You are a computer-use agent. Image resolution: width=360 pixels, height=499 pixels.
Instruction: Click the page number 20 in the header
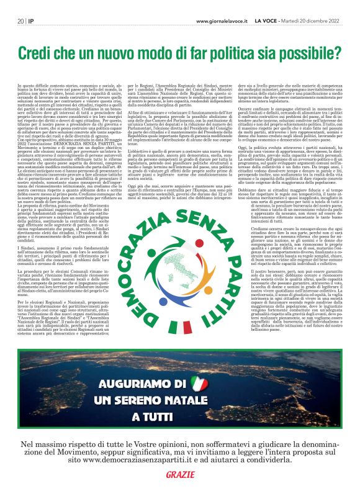(x=21, y=20)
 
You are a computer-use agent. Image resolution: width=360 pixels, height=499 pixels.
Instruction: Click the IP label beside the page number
(x=31, y=20)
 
